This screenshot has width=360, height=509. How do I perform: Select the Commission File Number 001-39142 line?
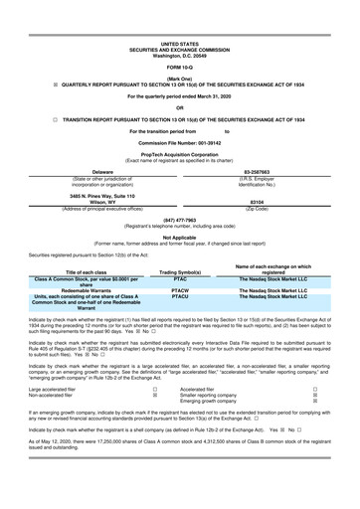tap(179, 143)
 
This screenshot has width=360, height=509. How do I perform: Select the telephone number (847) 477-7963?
tap(179, 225)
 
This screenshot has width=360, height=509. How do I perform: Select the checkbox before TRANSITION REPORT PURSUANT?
tap(16, 117)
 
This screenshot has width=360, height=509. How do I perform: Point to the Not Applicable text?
tap(179, 238)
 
